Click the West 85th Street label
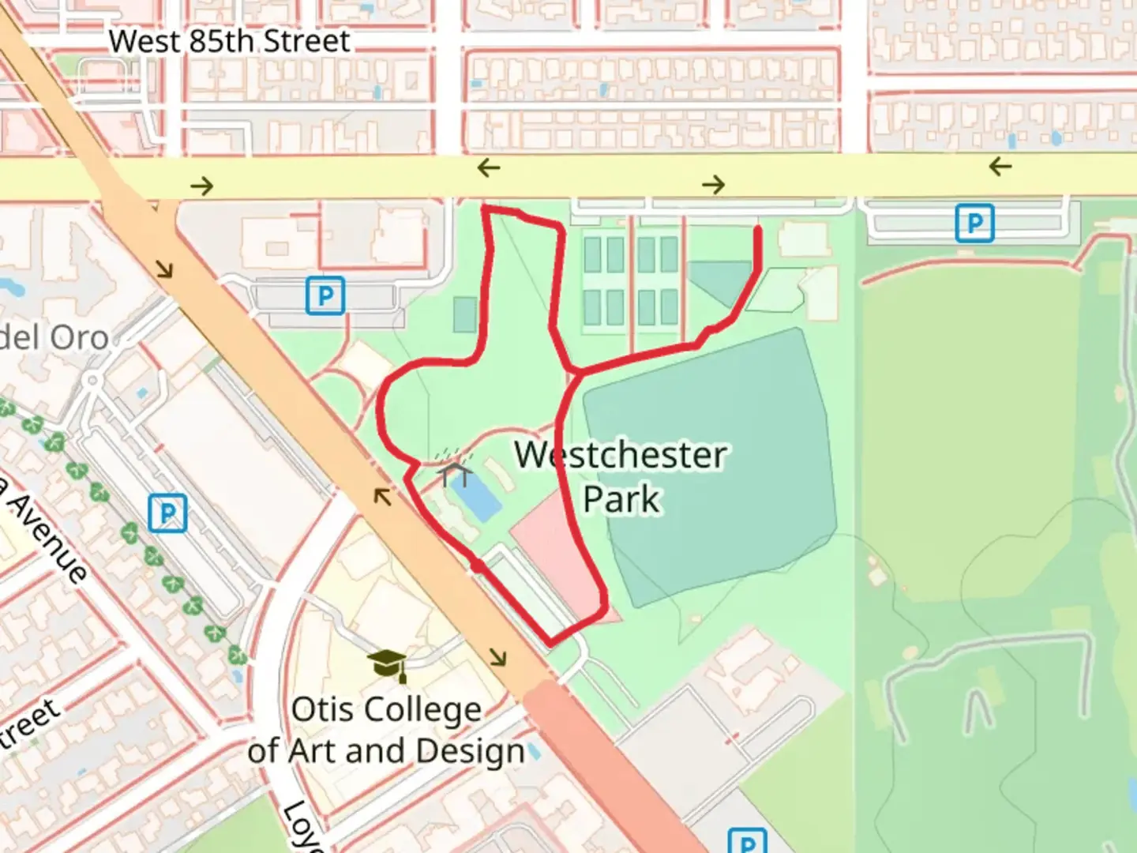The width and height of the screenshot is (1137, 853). point(229,41)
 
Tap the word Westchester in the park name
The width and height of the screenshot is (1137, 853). point(621,456)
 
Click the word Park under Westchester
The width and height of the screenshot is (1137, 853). point(621,499)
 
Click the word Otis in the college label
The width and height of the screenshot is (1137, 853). point(320,709)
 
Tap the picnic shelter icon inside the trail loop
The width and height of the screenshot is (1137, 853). point(456,472)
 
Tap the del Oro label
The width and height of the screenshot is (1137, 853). point(54,338)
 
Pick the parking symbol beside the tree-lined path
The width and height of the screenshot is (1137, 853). point(167,514)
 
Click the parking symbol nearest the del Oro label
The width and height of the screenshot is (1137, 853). point(325,297)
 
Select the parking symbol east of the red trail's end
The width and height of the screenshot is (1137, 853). point(974,224)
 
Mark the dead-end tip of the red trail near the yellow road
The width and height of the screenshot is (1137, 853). point(758,230)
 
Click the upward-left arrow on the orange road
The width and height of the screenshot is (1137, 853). point(383,497)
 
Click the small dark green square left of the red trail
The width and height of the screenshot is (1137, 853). point(465,314)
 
